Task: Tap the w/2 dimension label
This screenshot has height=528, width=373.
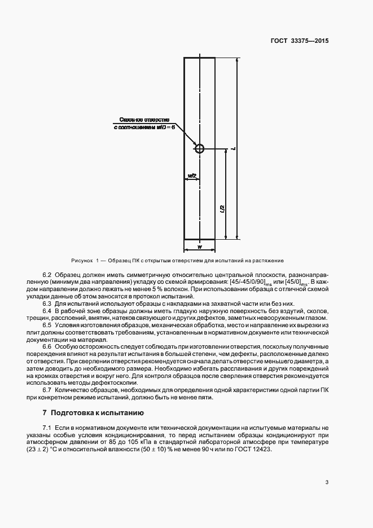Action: pyautogui.click(x=191, y=176)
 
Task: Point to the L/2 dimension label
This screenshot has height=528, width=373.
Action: pyautogui.click(x=223, y=209)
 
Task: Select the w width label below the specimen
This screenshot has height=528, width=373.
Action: pyautogui.click(x=199, y=247)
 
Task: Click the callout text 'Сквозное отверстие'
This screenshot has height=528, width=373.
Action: pyautogui.click(x=145, y=120)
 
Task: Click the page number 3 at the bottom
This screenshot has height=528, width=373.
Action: pyautogui.click(x=327, y=482)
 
